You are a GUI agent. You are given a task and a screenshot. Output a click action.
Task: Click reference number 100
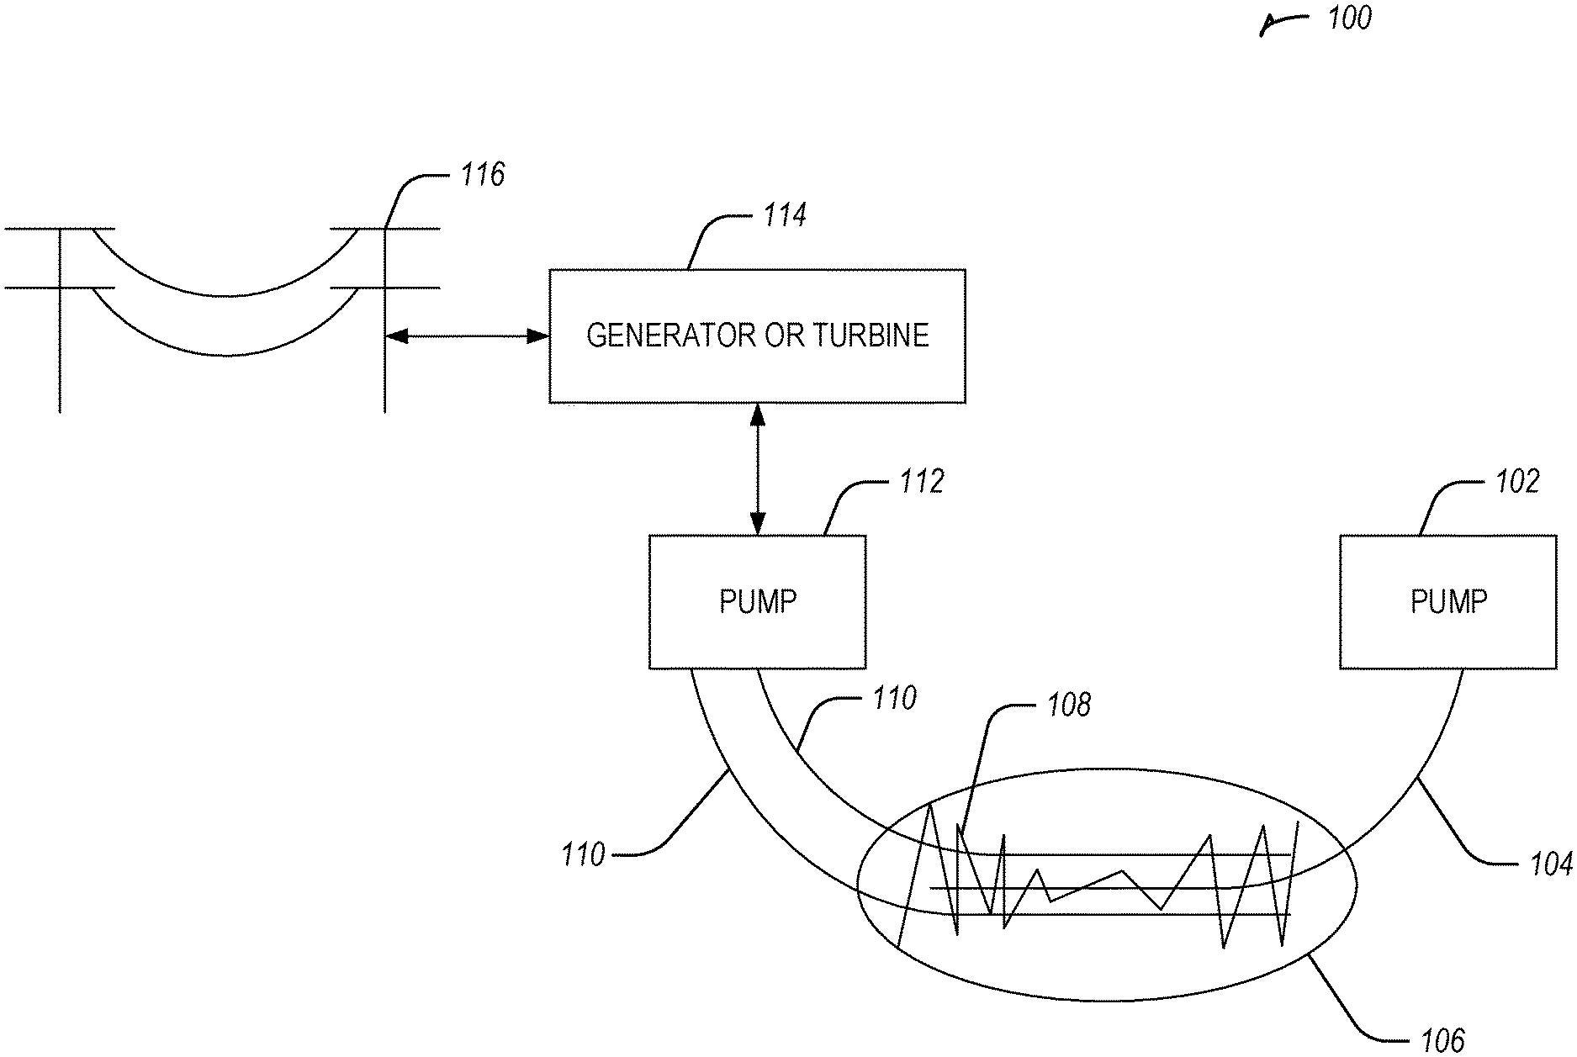tap(1349, 18)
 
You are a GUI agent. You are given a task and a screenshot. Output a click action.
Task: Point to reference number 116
tap(482, 175)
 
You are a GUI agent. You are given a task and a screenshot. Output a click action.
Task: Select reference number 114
tap(784, 215)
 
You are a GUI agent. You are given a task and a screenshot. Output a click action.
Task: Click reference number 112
tap(922, 482)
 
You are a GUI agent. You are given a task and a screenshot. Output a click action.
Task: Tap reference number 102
tap(1517, 482)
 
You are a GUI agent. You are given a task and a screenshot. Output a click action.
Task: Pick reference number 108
tap(1068, 705)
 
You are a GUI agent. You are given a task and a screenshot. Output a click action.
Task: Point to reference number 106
tap(1442, 1040)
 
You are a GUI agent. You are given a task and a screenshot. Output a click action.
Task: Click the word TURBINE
tap(871, 336)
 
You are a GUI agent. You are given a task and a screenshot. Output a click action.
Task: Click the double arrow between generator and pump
tap(758, 469)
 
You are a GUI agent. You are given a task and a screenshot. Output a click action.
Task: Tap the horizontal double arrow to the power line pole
tap(468, 336)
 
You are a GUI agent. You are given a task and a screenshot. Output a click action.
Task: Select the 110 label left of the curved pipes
tap(584, 855)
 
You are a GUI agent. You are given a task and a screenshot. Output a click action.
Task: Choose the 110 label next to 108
tap(894, 699)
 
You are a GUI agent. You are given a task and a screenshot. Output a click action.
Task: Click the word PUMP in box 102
tap(1448, 602)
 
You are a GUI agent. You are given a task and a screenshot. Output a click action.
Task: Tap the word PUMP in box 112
tap(757, 602)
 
